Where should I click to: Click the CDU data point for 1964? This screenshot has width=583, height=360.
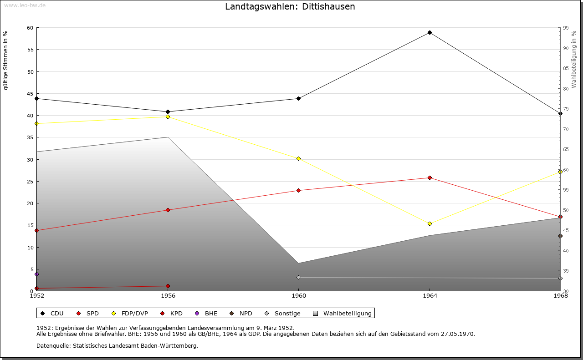pyautogui.click(x=430, y=33)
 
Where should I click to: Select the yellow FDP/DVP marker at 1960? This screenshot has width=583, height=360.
pyautogui.click(x=299, y=158)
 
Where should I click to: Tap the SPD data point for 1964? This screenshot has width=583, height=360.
pyautogui.click(x=430, y=177)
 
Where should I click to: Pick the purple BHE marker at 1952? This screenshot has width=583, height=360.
pyautogui.click(x=37, y=274)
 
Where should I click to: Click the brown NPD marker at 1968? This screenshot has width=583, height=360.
pyautogui.click(x=560, y=236)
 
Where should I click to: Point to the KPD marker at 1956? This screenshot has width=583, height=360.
pyautogui.click(x=168, y=286)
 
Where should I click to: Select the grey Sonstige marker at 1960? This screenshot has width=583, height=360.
pyautogui.click(x=299, y=277)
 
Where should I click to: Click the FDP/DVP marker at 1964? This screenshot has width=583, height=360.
pyautogui.click(x=430, y=223)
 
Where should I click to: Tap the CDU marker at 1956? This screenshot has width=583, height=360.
pyautogui.click(x=168, y=112)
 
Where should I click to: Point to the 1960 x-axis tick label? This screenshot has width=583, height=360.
pyautogui.click(x=299, y=296)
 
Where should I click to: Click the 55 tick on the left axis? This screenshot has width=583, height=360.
pyautogui.click(x=30, y=50)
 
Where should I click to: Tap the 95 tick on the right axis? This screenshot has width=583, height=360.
pyautogui.click(x=566, y=28)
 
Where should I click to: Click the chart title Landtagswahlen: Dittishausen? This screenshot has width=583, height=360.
pyautogui.click(x=290, y=7)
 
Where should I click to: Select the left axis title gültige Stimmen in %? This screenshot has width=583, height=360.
pyautogui.click(x=5, y=60)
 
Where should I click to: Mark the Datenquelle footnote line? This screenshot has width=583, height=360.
pyautogui.click(x=117, y=346)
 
